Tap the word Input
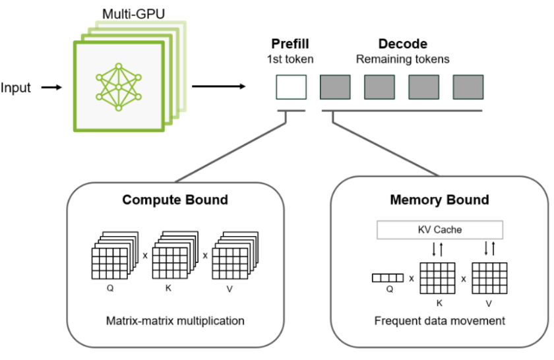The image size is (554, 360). pos(16,88)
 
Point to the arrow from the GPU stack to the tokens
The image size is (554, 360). pos(218,86)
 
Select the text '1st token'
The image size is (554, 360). pos(290,59)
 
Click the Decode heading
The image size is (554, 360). pos(402,45)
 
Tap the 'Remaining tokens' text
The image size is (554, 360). pos(402,59)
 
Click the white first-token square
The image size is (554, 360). pos(290,86)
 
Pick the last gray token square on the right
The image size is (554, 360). pos(468,86)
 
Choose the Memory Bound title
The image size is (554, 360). pos(439,199)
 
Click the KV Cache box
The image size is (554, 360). pos(440,230)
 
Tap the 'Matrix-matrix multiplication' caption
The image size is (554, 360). pos(175,321)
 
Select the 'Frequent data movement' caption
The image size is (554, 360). pos(439,321)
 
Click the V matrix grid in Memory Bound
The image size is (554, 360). pos(489,278)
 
